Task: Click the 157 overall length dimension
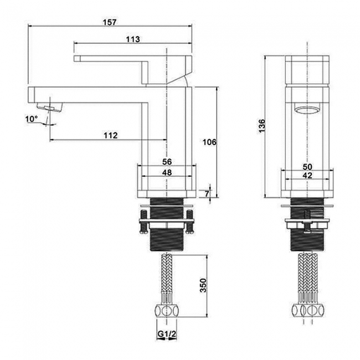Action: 110,23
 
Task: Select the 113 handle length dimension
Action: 133,39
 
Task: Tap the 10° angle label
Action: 32,119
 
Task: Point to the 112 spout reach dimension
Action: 111,135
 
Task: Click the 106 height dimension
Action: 209,142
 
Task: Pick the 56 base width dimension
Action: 167,162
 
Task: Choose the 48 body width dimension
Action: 167,172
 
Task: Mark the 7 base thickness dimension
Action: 207,194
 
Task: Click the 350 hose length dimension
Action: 203,285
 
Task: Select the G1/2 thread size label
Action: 167,335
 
